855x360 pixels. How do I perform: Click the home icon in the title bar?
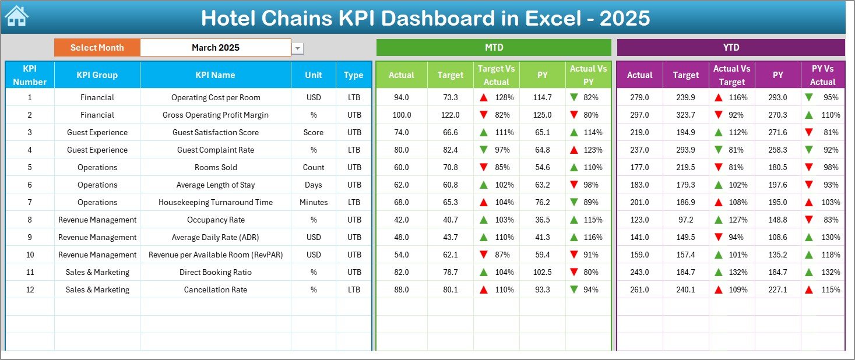(x=16, y=16)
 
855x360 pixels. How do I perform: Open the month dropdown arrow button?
(x=298, y=48)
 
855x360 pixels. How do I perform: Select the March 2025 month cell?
(x=216, y=48)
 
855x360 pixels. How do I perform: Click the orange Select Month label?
(x=97, y=48)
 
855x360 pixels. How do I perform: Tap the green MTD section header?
(x=494, y=47)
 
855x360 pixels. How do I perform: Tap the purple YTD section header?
(x=731, y=47)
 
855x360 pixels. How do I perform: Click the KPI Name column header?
(x=215, y=75)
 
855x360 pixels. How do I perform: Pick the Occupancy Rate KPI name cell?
(x=216, y=220)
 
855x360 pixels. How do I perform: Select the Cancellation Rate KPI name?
(x=216, y=290)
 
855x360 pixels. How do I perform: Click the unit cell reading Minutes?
(x=314, y=202)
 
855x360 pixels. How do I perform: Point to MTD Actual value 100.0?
(x=402, y=115)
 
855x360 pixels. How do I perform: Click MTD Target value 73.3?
(x=451, y=97)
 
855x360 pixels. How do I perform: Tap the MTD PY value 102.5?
(x=542, y=272)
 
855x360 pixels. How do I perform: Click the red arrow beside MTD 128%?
(x=484, y=97)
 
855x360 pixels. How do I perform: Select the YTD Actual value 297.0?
(x=639, y=115)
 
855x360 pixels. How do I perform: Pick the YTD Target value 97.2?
(x=685, y=220)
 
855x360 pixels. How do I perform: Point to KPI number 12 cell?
(x=30, y=290)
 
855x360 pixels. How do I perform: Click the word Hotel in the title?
(x=230, y=19)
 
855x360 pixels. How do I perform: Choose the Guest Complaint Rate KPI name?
(x=216, y=150)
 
